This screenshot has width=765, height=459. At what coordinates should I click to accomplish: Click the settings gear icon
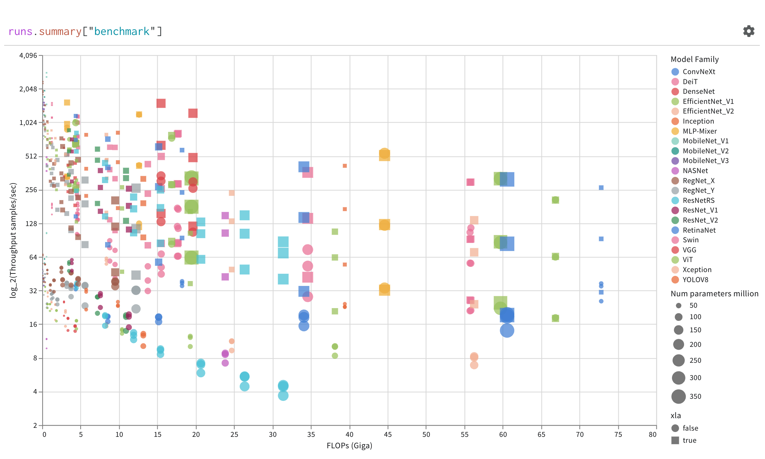(x=748, y=31)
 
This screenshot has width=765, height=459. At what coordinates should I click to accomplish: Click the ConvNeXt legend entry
(x=699, y=72)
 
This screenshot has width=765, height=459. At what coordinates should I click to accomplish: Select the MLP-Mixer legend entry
(x=699, y=131)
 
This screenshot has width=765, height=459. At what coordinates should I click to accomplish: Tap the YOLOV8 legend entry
(x=695, y=280)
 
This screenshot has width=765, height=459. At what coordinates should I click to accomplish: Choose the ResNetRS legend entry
(x=698, y=200)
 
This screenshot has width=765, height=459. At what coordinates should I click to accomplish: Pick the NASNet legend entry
(x=695, y=171)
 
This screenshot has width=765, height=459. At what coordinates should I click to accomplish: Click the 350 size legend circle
(x=679, y=396)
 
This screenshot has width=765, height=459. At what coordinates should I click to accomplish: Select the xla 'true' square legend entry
(x=675, y=440)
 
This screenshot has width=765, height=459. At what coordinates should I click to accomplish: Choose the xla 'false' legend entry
(x=675, y=428)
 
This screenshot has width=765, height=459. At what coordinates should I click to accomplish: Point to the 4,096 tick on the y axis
(x=28, y=56)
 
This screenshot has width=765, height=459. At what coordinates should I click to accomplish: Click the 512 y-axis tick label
(x=31, y=156)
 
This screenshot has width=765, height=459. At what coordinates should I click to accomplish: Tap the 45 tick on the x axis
(x=388, y=435)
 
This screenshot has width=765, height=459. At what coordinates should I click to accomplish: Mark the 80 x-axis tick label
(x=652, y=435)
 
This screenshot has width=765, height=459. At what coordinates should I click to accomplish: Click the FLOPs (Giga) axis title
(x=349, y=446)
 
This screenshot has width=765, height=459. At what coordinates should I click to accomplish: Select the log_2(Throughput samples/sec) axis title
(x=13, y=240)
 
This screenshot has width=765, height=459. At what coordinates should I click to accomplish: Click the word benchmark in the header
(x=122, y=32)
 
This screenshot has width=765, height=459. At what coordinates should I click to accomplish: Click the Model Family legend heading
(x=694, y=60)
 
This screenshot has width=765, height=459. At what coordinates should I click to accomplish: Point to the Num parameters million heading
(x=714, y=294)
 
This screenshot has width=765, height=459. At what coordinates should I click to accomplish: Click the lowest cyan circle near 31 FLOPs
(x=283, y=395)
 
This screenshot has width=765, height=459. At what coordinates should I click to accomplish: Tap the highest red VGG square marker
(x=161, y=103)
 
